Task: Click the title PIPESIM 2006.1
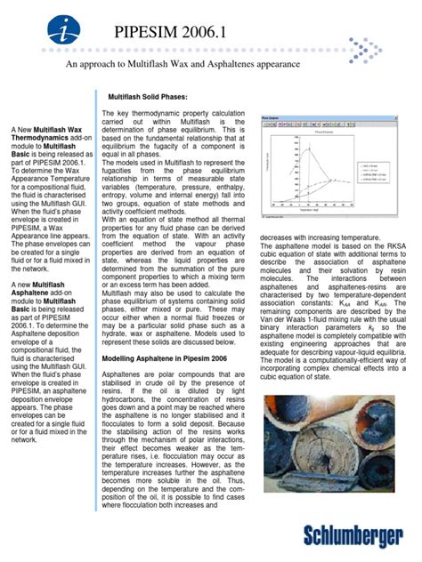coord(172,35)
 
